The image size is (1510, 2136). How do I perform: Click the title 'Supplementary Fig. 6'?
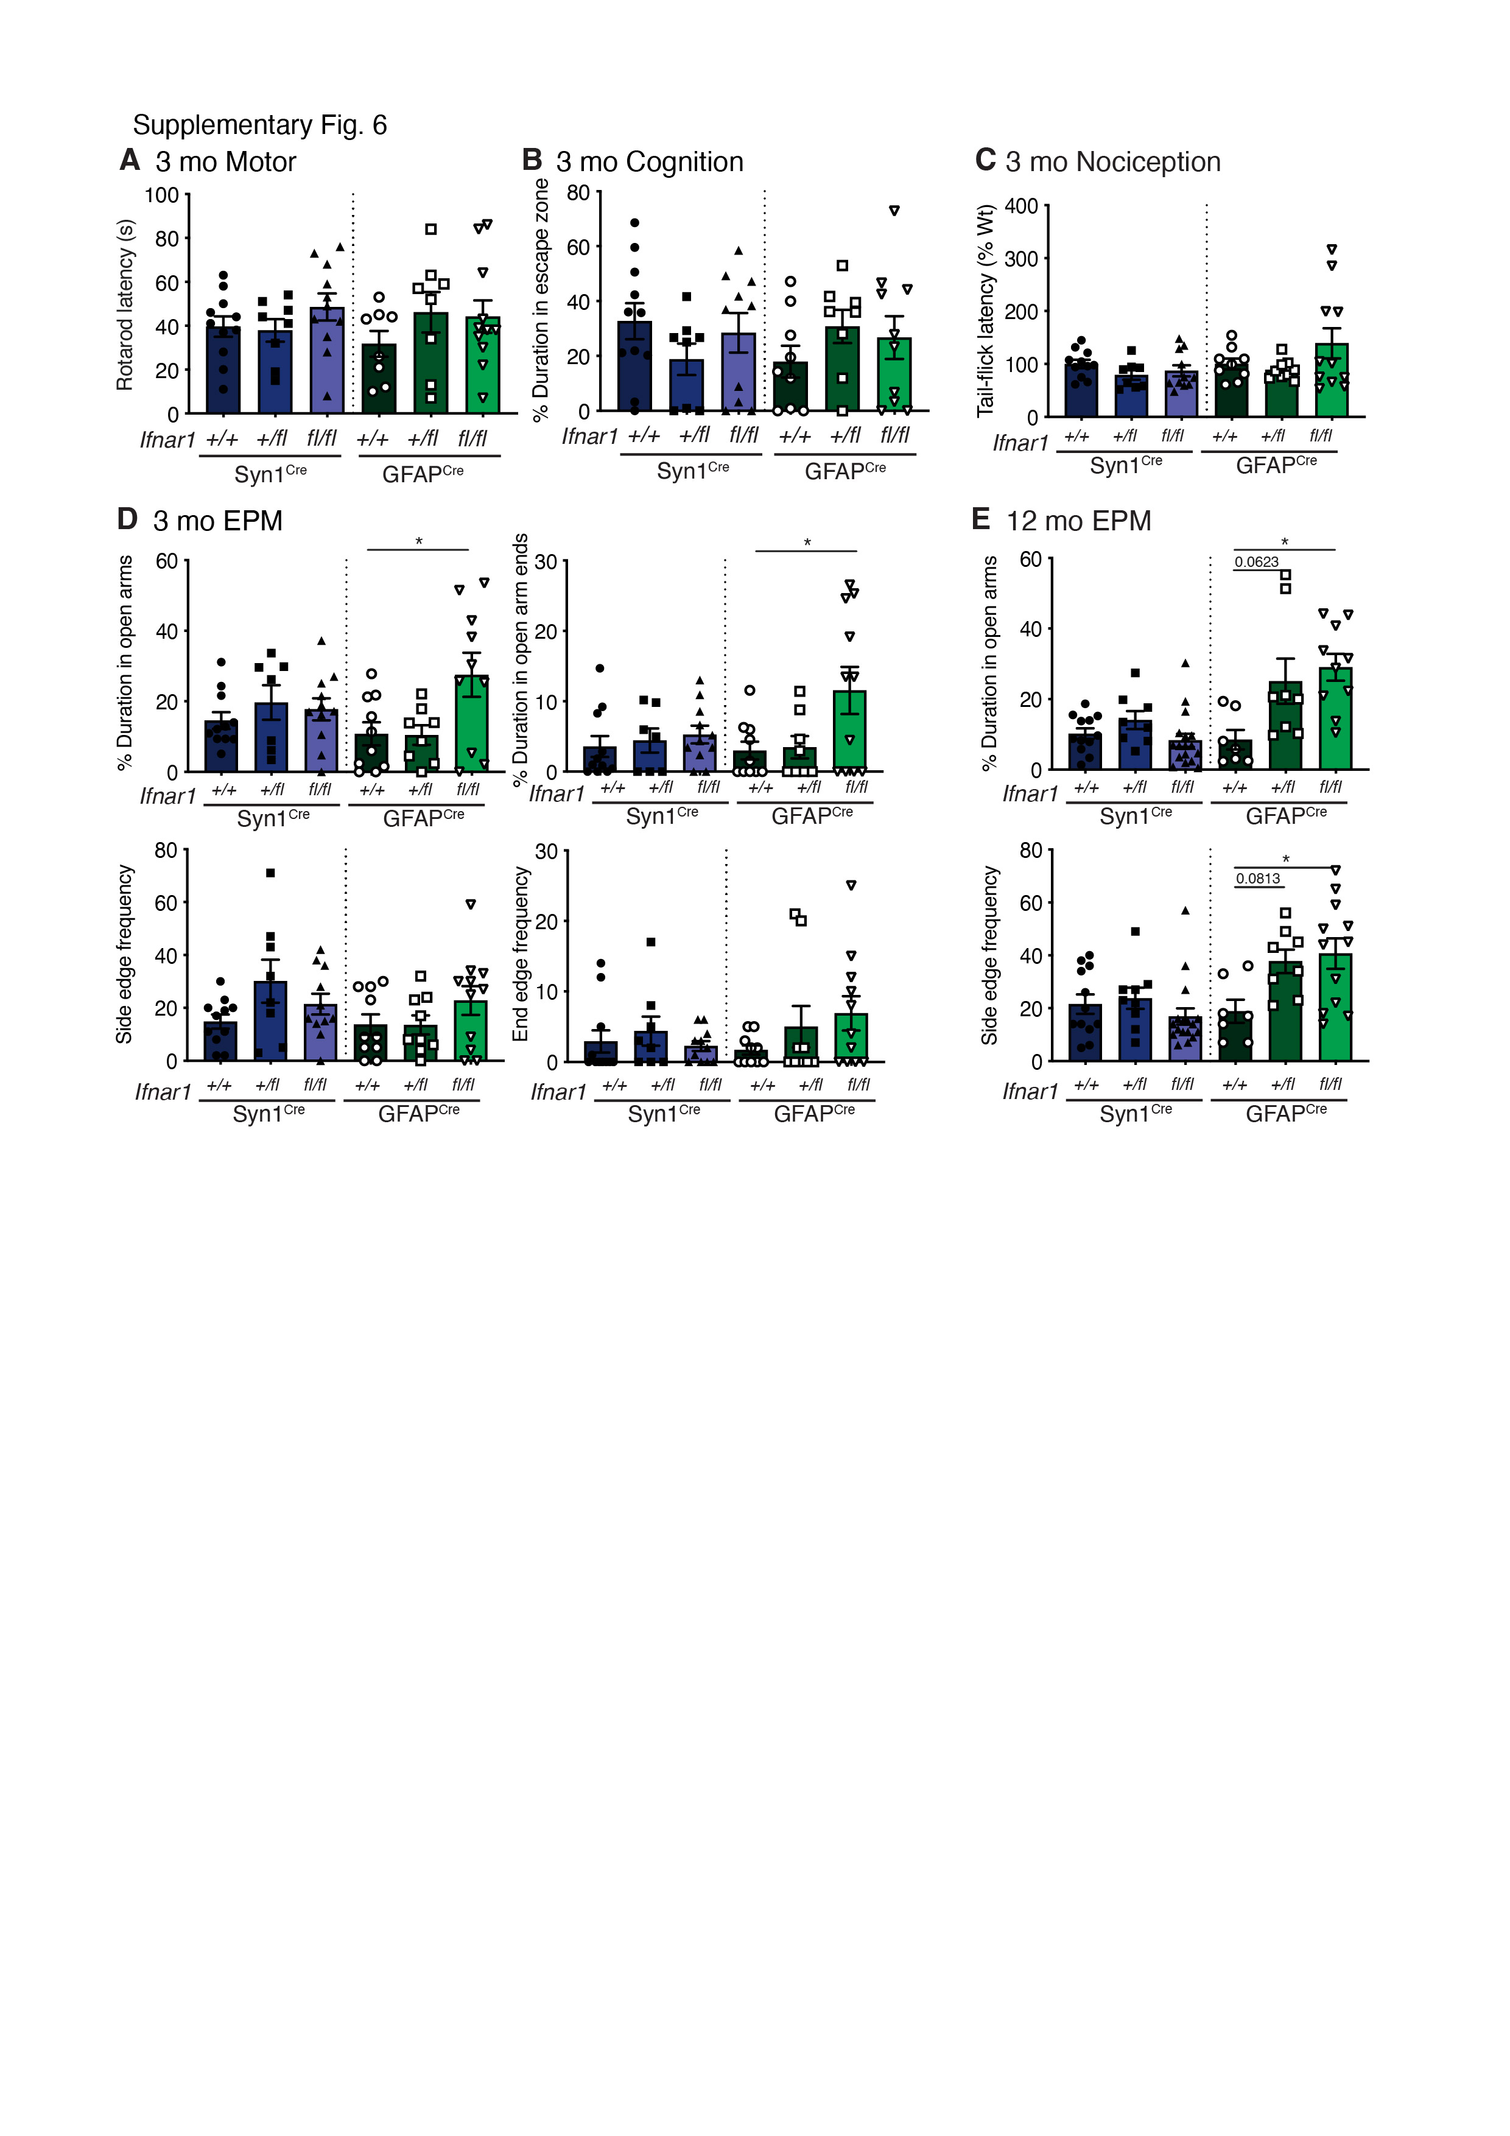click(x=259, y=125)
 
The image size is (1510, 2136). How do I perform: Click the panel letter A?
click(x=129, y=160)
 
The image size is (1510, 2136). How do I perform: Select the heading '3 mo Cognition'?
click(x=650, y=162)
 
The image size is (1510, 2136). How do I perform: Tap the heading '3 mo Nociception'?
click(x=1113, y=162)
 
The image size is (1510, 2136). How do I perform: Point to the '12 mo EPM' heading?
click(x=1078, y=521)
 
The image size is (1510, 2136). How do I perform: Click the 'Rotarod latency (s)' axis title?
click(x=125, y=305)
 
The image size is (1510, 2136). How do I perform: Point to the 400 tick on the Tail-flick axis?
click(x=1022, y=206)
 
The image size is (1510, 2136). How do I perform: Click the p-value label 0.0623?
click(x=1256, y=562)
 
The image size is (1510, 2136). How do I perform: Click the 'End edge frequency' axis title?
click(x=520, y=955)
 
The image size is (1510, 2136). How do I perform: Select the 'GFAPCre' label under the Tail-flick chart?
click(x=1276, y=464)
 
